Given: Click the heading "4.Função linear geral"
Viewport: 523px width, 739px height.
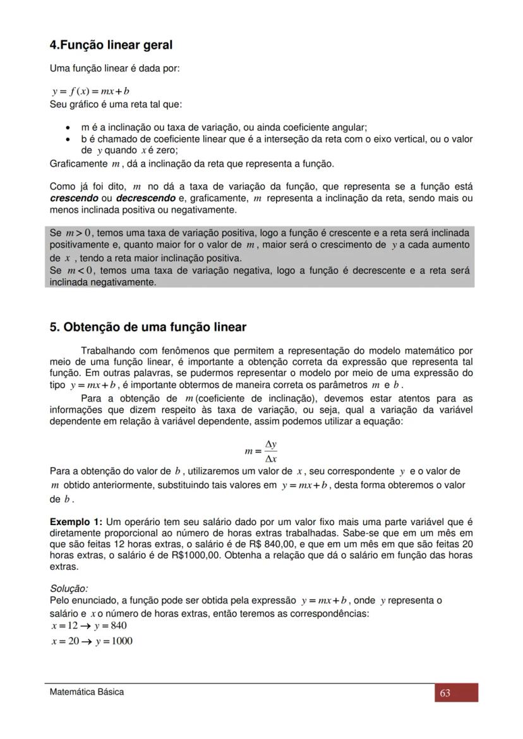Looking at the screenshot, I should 111,45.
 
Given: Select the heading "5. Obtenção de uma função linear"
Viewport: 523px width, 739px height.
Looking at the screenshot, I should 148,327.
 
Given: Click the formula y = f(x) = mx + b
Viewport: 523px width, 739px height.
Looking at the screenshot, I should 90,91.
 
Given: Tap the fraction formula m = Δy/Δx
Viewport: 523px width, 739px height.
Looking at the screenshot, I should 261,451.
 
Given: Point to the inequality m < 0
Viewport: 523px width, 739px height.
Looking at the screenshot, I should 80,271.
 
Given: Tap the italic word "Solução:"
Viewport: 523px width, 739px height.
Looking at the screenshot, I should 69,589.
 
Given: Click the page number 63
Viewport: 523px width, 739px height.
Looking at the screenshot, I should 445,693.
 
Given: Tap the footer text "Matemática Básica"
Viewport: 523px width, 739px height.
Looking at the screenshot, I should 87,692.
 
